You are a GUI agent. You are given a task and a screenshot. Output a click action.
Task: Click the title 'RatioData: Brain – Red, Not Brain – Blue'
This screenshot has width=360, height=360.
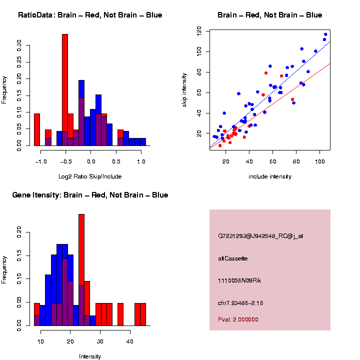click(90, 15)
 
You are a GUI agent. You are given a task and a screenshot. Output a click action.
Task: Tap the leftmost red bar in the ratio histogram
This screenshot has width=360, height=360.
click(37, 129)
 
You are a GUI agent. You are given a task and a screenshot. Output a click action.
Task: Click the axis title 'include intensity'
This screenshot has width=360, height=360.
click(270, 176)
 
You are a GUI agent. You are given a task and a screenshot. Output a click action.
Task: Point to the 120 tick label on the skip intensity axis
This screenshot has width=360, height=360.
click(199, 31)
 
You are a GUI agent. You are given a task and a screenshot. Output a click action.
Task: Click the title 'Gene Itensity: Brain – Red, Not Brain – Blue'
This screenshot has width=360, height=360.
click(90, 195)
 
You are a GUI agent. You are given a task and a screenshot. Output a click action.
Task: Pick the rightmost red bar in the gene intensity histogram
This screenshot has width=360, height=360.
click(143, 314)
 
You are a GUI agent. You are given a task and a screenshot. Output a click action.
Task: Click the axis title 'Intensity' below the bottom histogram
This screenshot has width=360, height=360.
click(90, 356)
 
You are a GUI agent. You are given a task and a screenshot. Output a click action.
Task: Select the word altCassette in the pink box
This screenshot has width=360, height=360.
click(233, 258)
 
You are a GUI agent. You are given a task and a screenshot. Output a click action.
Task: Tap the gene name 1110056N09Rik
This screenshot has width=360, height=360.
click(239, 280)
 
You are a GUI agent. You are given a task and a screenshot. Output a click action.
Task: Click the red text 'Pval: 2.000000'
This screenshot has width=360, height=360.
click(238, 319)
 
